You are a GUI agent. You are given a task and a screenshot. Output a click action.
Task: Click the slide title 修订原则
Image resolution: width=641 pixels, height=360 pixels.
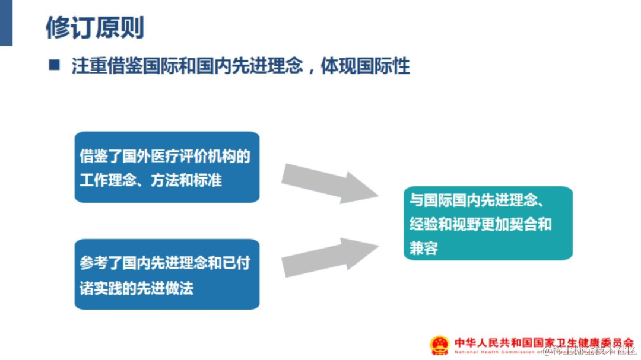(x=95, y=27)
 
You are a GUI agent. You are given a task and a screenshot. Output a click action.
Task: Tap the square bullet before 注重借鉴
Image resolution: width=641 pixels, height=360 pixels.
(x=55, y=65)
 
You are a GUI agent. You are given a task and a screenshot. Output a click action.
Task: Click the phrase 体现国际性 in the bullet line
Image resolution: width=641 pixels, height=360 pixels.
(x=365, y=66)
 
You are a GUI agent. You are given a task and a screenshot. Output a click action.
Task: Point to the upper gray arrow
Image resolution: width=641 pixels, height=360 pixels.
(x=329, y=183)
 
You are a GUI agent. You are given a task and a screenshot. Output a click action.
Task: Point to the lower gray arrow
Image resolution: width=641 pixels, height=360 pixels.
(x=329, y=257)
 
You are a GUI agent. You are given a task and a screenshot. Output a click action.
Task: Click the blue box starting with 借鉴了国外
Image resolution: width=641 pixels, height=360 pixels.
(x=167, y=167)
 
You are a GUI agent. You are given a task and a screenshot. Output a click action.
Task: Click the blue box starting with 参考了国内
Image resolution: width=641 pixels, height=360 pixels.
(x=167, y=274)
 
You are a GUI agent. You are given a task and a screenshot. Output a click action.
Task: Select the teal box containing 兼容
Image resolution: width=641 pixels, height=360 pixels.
(x=488, y=224)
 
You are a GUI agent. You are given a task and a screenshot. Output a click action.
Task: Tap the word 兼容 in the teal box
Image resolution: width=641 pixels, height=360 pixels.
(x=424, y=248)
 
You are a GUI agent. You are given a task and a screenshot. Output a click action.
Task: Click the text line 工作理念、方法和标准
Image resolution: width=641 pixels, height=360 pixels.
(x=151, y=180)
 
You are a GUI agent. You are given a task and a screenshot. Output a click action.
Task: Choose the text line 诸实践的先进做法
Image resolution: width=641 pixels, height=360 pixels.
(x=137, y=288)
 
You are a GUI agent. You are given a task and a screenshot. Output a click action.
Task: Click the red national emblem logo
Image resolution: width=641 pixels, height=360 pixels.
(x=440, y=345)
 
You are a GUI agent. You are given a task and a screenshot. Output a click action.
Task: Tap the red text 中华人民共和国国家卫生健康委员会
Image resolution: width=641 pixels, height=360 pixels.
(x=544, y=342)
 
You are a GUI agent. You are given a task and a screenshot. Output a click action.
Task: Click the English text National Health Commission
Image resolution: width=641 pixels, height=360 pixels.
(x=499, y=352)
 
